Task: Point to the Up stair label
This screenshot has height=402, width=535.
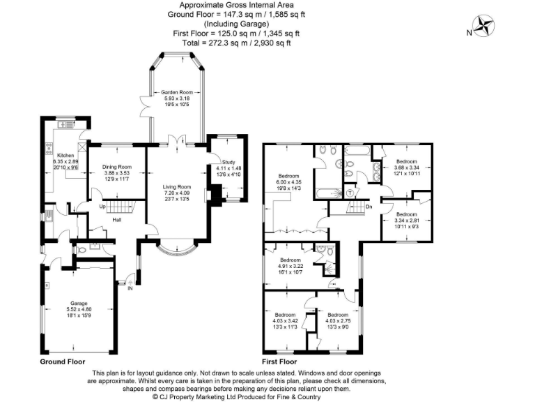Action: click(x=102, y=207)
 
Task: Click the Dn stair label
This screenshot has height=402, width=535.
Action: click(x=369, y=207)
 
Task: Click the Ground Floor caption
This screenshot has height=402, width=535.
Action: click(x=63, y=362)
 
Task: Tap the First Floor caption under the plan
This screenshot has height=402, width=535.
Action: click(x=279, y=362)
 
